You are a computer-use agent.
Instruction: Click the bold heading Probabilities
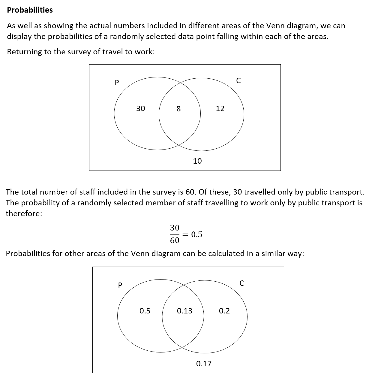pyautogui.click(x=30, y=10)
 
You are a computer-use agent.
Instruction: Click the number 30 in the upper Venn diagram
pyautogui.click(x=141, y=108)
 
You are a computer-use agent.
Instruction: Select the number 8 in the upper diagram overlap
pyautogui.click(x=178, y=109)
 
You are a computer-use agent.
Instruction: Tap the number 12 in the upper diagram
pyautogui.click(x=220, y=108)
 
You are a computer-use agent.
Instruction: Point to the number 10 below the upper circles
pyautogui.click(x=197, y=161)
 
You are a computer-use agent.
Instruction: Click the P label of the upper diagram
pyautogui.click(x=117, y=82)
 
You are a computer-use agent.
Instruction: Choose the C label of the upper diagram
pyautogui.click(x=238, y=80)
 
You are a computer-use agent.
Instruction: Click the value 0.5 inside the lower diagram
pyautogui.click(x=145, y=311)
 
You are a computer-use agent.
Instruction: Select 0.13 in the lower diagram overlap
pyautogui.click(x=184, y=311)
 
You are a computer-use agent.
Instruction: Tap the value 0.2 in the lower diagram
pyautogui.click(x=224, y=311)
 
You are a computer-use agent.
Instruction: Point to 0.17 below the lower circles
pyautogui.click(x=204, y=364)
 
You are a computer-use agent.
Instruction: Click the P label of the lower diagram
pyautogui.click(x=120, y=285)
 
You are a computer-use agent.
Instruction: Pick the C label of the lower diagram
pyautogui.click(x=242, y=283)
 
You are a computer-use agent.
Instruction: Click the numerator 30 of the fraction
pyautogui.click(x=175, y=228)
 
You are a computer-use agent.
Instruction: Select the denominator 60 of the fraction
pyautogui.click(x=175, y=240)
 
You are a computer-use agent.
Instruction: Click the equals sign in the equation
pyautogui.click(x=186, y=234)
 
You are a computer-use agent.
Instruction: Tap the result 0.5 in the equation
pyautogui.click(x=197, y=234)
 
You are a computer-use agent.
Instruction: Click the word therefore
pyautogui.click(x=24, y=214)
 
